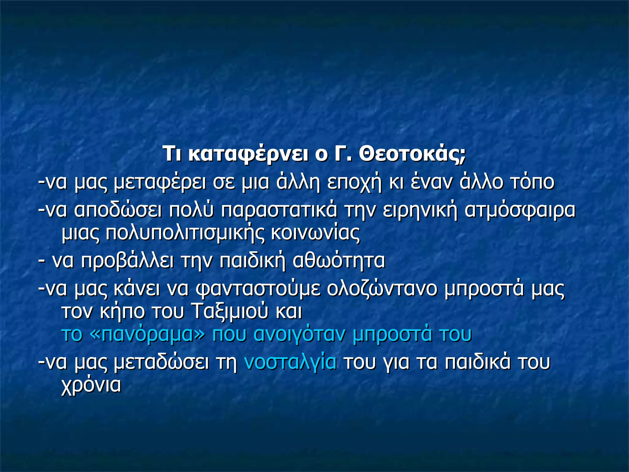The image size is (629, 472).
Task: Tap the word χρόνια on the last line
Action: (x=92, y=385)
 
